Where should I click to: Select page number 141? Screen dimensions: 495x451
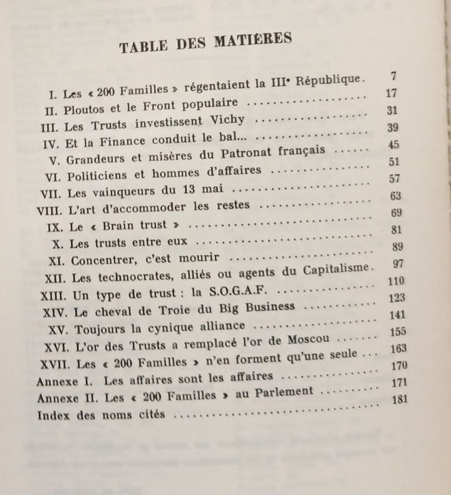coord(397,315)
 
